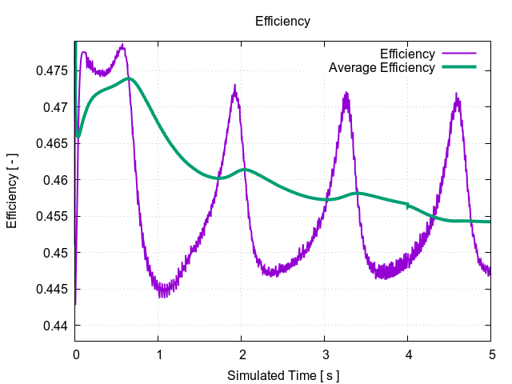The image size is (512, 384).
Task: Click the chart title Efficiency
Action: [282, 22]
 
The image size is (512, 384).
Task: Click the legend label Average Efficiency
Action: [382, 67]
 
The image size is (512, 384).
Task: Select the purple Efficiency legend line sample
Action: [458, 54]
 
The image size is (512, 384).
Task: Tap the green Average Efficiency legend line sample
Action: [458, 67]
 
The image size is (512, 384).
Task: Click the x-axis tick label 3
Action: [325, 354]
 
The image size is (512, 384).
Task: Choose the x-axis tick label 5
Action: [491, 354]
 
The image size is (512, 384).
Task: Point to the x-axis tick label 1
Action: [158, 354]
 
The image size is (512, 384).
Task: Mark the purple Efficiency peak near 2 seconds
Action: [234, 86]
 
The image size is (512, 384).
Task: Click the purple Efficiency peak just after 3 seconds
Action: [346, 94]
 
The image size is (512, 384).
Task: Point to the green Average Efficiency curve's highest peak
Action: [128, 78]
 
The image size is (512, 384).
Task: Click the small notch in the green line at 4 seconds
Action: [408, 206]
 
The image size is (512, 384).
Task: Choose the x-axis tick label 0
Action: [75, 354]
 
